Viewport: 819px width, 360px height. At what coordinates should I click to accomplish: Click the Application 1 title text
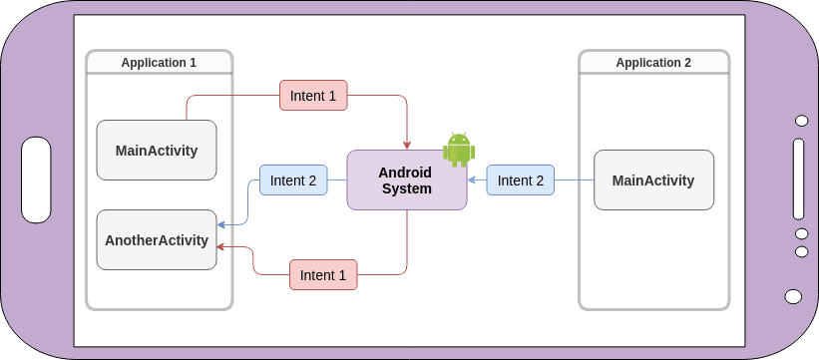(x=159, y=62)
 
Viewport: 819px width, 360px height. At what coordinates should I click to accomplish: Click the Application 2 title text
(x=653, y=62)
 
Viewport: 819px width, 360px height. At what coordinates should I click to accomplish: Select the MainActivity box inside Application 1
(x=157, y=151)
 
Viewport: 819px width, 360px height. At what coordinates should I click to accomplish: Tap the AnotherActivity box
(x=157, y=240)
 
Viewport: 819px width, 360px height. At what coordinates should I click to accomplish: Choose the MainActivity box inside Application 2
(x=653, y=180)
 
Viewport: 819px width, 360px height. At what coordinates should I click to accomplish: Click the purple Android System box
(x=406, y=180)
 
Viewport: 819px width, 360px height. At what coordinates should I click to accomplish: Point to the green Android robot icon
(x=459, y=150)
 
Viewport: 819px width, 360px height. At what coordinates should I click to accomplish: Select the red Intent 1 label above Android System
(x=313, y=96)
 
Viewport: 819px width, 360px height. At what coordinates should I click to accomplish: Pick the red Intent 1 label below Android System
(x=323, y=275)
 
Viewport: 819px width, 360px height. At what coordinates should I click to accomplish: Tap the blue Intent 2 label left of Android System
(x=293, y=180)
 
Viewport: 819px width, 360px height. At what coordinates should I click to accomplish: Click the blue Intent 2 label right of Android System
(x=521, y=180)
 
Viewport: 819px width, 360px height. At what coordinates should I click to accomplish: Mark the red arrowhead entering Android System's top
(x=407, y=146)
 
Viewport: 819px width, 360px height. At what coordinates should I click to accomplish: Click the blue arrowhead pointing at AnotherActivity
(x=221, y=225)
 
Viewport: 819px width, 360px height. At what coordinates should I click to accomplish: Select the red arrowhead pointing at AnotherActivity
(x=221, y=246)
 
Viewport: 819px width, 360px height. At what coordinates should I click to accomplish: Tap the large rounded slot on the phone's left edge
(x=37, y=180)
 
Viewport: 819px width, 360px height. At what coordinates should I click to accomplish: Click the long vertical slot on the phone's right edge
(x=798, y=180)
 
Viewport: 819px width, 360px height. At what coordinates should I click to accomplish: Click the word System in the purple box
(x=407, y=188)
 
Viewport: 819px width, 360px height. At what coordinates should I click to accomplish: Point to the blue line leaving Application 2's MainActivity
(x=574, y=180)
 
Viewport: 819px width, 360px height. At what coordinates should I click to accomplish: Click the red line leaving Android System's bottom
(x=407, y=239)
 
